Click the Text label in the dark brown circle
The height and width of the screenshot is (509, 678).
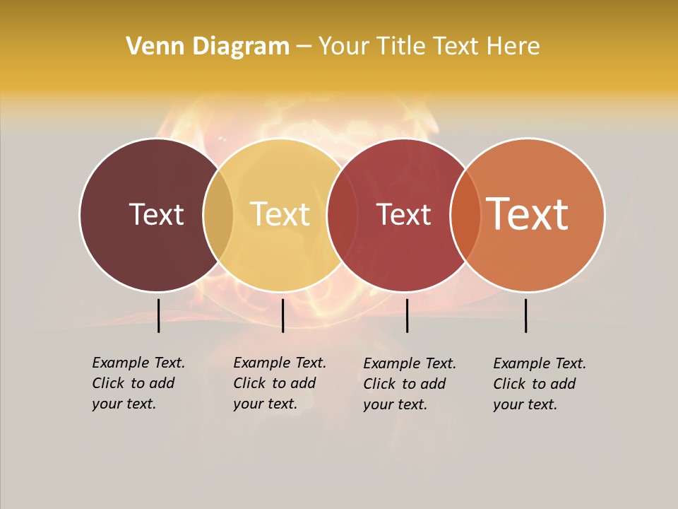[156, 214]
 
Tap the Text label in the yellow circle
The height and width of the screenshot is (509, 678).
[280, 214]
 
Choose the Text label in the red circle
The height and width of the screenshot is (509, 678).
[403, 214]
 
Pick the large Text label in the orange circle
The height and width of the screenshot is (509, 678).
[528, 214]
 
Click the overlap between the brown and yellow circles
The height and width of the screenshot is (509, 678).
[218, 214]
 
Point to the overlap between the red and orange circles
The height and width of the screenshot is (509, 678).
[465, 214]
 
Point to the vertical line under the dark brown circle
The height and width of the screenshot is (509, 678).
[159, 315]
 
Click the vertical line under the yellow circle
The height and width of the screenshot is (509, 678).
[282, 315]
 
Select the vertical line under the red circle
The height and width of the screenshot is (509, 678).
[407, 315]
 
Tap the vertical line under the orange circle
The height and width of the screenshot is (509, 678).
[526, 315]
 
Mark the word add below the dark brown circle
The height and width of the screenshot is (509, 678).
[162, 383]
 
